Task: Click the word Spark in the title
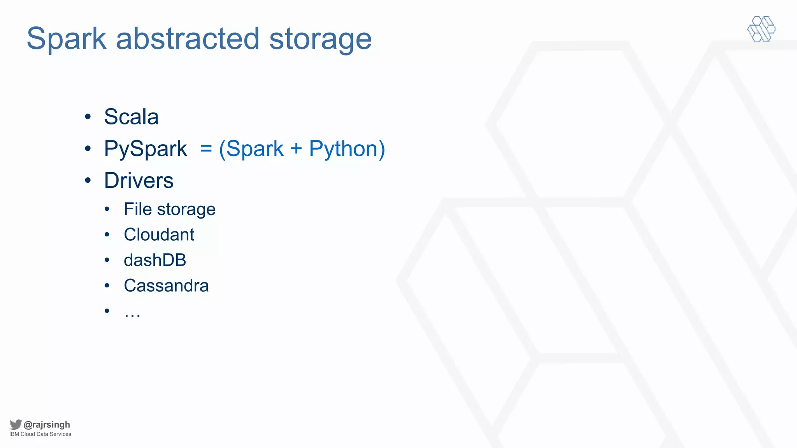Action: point(67,39)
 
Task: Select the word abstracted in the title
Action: point(188,39)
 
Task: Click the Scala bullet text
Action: point(131,117)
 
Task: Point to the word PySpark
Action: point(146,149)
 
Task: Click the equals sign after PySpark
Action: point(206,149)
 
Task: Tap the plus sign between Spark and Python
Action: point(296,149)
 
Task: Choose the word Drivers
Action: point(139,180)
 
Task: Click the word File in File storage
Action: point(137,209)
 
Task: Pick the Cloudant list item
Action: point(159,234)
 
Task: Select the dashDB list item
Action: point(155,260)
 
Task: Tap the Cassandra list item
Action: point(166,286)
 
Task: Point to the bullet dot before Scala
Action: point(88,117)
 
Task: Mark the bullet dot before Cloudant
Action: point(107,234)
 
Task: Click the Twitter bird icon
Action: point(16,424)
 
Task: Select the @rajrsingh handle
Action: point(47,425)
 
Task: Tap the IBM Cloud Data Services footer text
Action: point(40,434)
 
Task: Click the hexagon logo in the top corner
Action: point(762,29)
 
